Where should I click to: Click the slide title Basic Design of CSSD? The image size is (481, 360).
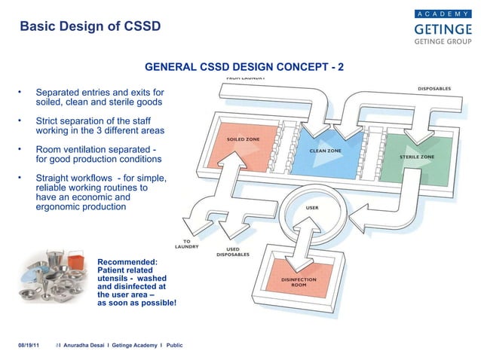pyautogui.click(x=90, y=27)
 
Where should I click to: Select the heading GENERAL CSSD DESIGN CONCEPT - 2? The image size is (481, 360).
pyautogui.click(x=244, y=67)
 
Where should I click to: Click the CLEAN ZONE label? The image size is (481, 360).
pyautogui.click(x=325, y=151)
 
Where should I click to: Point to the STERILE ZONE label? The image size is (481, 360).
pyautogui.click(x=416, y=157)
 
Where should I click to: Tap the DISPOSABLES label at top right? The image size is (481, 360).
pyautogui.click(x=434, y=88)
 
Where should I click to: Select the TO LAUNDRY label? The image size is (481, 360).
pyautogui.click(x=185, y=243)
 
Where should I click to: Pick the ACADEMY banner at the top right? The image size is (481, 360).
pyautogui.click(x=443, y=14)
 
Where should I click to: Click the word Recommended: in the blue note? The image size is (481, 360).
pyautogui.click(x=127, y=261)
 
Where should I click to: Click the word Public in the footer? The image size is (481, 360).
pyautogui.click(x=173, y=344)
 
